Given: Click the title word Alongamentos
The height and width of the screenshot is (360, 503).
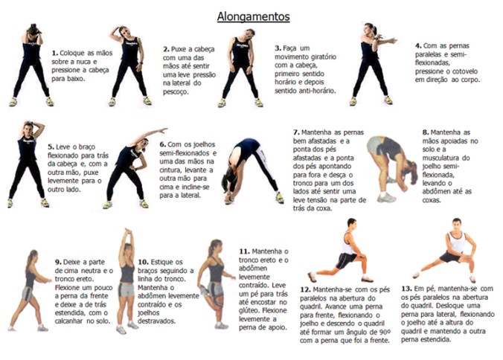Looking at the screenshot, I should [252, 15].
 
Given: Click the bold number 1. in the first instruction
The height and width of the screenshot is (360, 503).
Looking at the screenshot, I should [54, 53].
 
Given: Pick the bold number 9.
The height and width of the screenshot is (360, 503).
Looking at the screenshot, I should [57, 261].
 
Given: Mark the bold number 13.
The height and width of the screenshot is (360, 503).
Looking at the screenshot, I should [406, 287].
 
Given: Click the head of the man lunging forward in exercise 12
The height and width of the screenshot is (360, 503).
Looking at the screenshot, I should [350, 224].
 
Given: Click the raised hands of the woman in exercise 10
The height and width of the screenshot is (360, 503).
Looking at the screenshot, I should [128, 234].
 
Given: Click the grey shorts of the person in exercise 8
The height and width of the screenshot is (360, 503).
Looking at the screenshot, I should [376, 146].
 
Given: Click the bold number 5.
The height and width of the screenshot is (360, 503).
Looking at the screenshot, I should [51, 147].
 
